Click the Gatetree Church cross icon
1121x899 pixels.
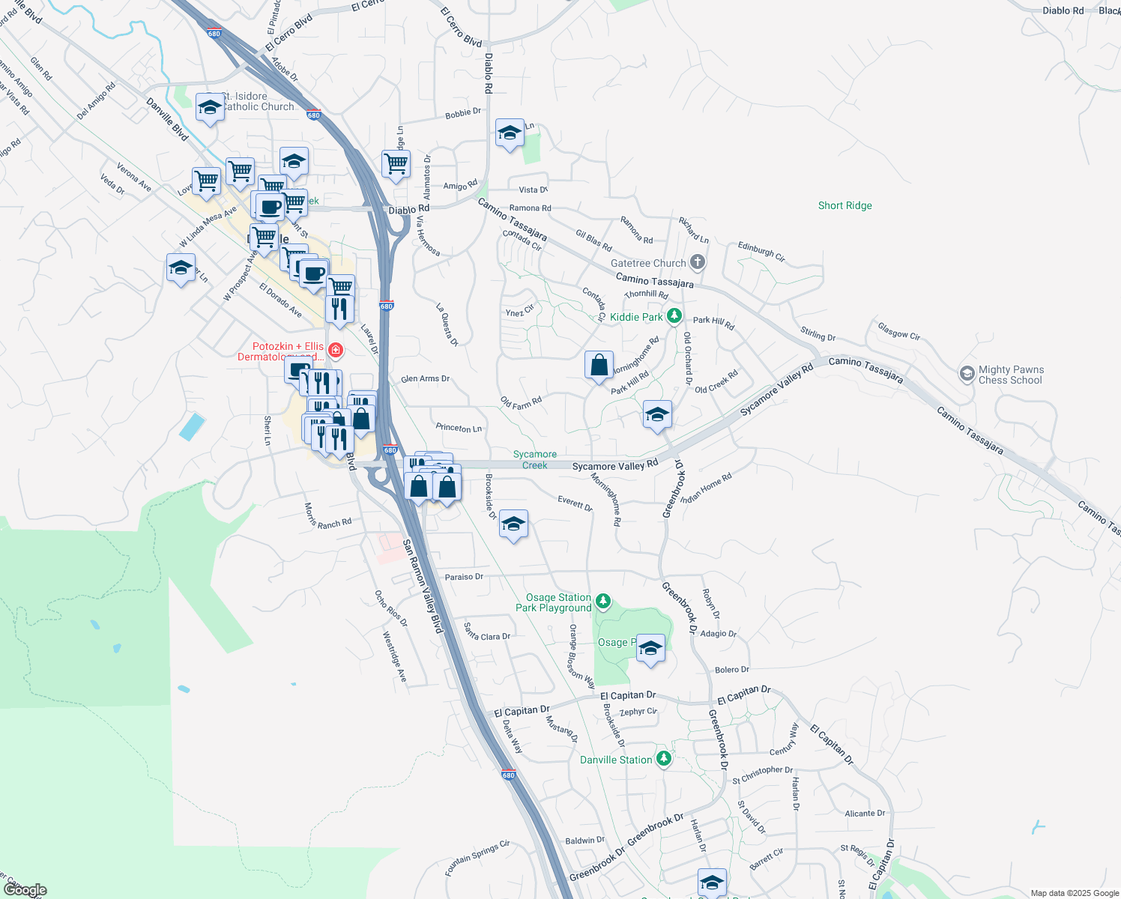[698, 262]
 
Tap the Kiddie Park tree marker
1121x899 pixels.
[674, 316]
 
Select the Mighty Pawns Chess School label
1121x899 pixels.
[1010, 375]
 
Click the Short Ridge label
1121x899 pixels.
[844, 205]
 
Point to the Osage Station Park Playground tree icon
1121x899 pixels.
[603, 601]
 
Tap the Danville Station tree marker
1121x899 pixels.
[663, 759]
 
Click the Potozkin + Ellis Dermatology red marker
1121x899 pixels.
[336, 350]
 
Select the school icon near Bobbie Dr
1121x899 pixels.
[510, 133]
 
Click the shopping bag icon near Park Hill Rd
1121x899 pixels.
[599, 366]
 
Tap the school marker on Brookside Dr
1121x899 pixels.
[513, 524]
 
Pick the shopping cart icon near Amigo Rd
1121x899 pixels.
[396, 163]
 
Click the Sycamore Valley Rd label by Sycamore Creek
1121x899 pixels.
[614, 466]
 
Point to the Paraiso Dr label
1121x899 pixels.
[464, 577]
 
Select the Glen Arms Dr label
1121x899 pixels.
[425, 379]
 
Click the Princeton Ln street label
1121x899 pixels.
[459, 428]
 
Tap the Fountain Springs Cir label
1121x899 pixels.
[477, 858]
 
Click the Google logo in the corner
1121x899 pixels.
[25, 889]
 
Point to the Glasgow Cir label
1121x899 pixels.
[898, 330]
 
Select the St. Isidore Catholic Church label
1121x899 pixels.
[258, 101]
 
